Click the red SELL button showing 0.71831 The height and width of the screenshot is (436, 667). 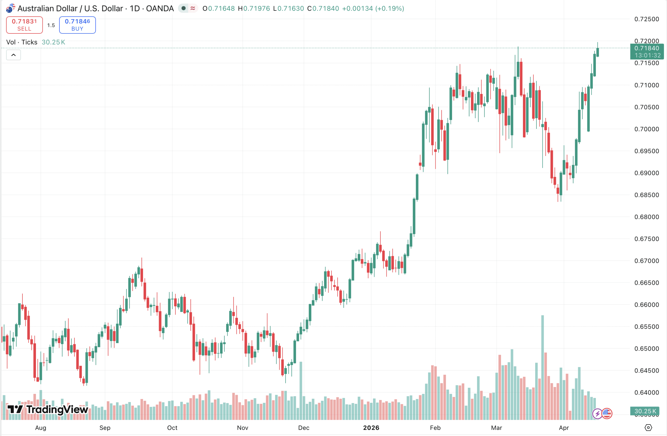pos(24,25)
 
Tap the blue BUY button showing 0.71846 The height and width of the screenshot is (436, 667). pos(77,25)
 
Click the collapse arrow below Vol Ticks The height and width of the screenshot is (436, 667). pos(14,55)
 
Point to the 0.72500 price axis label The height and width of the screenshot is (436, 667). pos(646,19)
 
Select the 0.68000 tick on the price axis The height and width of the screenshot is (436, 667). pos(646,217)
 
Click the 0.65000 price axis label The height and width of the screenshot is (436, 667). pos(646,349)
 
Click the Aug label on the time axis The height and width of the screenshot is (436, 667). pos(41,428)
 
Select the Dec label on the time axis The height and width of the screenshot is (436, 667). pos(304,428)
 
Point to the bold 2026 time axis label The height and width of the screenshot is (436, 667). pos(371,428)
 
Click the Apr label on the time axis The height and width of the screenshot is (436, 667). pos(564,428)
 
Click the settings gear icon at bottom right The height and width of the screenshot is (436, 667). pos(648,428)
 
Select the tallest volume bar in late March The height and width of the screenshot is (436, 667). pos(542,368)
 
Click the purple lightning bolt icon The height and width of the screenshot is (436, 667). pos(597,414)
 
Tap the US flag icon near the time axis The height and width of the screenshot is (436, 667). pos(607,413)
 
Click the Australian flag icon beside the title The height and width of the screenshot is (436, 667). pos(10,8)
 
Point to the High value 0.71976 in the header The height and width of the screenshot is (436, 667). pos(256,8)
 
